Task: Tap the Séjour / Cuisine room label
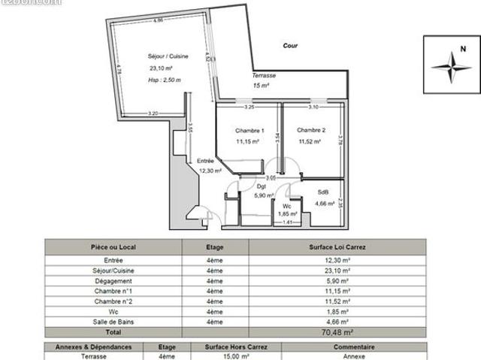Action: (168, 56)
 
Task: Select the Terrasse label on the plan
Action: (264, 76)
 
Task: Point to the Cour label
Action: (290, 46)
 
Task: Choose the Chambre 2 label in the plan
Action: (310, 129)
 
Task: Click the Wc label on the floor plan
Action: (287, 206)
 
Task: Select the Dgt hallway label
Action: (262, 186)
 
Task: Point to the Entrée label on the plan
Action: (205, 161)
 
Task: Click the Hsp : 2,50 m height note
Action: (165, 79)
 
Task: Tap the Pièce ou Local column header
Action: (114, 246)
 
